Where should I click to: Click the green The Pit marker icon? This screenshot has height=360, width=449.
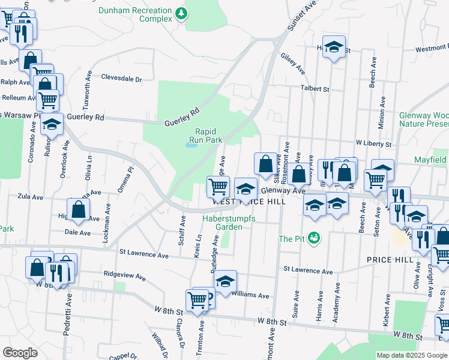(x=313, y=238)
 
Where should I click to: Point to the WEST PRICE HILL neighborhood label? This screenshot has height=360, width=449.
(x=249, y=202)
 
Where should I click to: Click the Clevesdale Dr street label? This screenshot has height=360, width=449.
(x=121, y=78)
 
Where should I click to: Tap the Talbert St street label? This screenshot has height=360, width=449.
(x=315, y=89)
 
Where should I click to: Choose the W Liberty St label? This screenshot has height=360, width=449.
(x=373, y=144)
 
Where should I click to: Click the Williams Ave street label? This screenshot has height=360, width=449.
(x=250, y=295)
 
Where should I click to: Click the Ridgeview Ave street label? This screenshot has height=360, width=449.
(x=124, y=278)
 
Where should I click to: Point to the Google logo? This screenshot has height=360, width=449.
(x=20, y=353)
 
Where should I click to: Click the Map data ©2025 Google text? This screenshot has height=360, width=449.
(x=411, y=355)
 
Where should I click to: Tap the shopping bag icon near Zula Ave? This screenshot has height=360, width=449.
(x=78, y=209)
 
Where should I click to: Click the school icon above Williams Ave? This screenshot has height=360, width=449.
(x=225, y=281)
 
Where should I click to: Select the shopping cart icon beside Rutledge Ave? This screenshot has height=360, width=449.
(x=218, y=185)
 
